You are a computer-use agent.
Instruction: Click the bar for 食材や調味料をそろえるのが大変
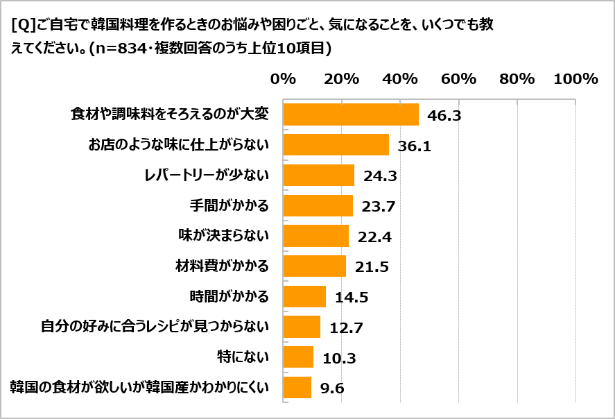(351, 114)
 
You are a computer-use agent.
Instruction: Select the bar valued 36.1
(336, 145)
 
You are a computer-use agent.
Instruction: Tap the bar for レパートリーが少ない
(319, 176)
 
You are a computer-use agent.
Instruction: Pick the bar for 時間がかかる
(304, 297)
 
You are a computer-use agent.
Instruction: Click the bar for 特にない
(298, 357)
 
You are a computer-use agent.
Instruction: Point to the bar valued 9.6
(297, 388)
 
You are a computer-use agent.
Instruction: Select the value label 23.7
(378, 206)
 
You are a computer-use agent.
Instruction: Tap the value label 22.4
(375, 237)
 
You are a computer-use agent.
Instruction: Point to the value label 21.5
(372, 267)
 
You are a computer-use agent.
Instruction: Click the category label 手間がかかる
(229, 206)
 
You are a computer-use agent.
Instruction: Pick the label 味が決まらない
(224, 236)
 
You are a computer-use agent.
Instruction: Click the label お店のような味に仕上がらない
(178, 145)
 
